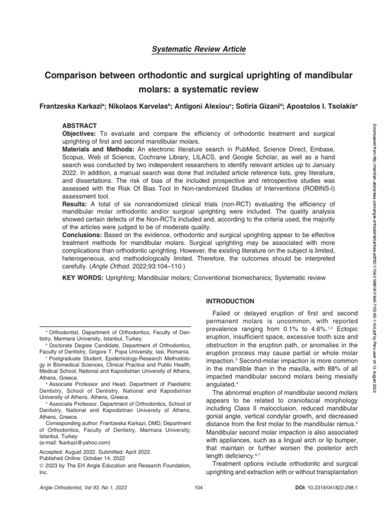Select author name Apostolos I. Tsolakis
[313, 107]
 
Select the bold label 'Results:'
[74, 203]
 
